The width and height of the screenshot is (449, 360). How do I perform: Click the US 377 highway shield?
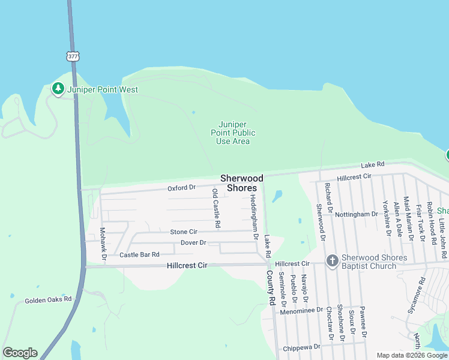(x=73, y=56)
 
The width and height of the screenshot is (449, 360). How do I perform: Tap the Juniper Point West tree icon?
(x=58, y=89)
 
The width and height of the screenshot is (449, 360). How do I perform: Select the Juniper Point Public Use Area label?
(x=233, y=133)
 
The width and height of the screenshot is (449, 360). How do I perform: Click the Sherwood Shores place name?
(x=242, y=183)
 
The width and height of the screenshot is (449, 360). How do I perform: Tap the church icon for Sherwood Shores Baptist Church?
(x=332, y=260)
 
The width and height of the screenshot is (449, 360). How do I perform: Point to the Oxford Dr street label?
(x=181, y=188)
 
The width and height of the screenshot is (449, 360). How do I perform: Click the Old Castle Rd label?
(x=216, y=208)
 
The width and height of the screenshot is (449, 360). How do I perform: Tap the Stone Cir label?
(x=184, y=232)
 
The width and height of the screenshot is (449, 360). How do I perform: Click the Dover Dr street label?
(x=193, y=243)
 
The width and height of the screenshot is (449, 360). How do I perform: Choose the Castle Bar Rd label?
(x=139, y=255)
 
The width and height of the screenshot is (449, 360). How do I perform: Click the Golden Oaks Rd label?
(x=48, y=299)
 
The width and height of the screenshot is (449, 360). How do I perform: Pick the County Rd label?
(x=271, y=289)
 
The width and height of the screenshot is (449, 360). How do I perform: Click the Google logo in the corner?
(x=20, y=353)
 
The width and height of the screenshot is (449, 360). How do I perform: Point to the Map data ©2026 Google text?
(x=411, y=355)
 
